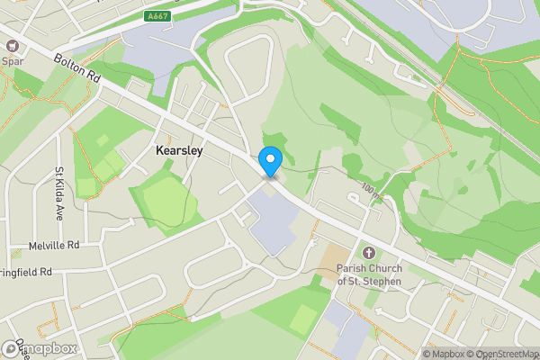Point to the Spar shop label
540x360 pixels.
click(x=12, y=62)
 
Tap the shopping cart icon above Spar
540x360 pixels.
click(x=12, y=49)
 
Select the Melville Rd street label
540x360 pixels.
click(x=55, y=244)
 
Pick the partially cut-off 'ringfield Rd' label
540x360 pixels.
click(x=27, y=271)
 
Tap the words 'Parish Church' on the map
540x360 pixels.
click(x=369, y=268)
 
